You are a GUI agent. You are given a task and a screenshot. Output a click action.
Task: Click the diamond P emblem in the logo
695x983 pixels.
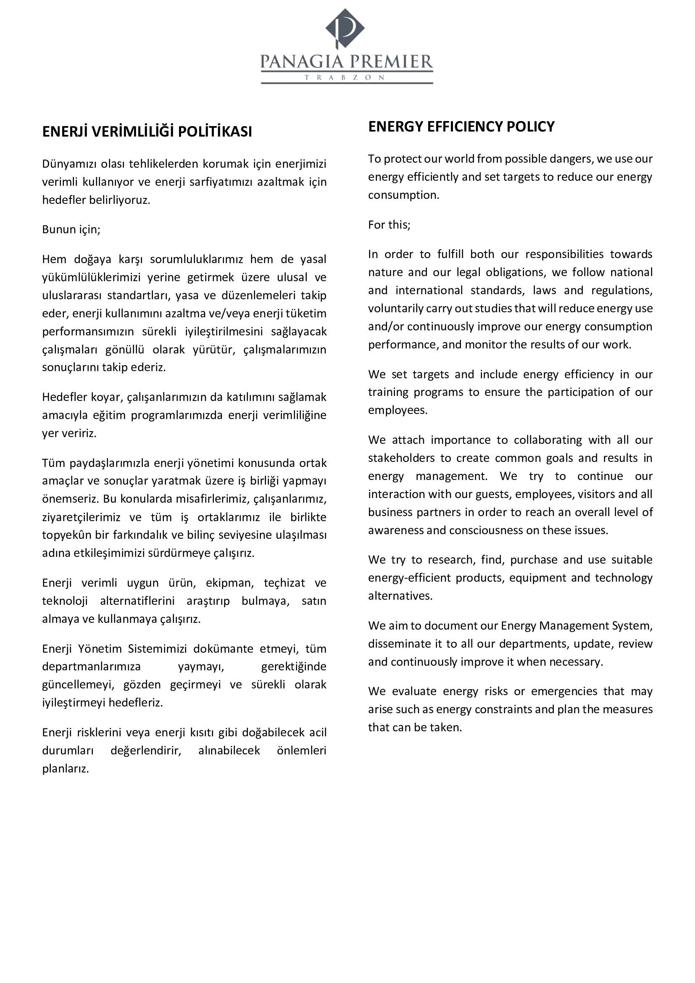[x=345, y=28]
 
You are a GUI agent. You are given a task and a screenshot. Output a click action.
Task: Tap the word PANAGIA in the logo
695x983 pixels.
[x=302, y=62]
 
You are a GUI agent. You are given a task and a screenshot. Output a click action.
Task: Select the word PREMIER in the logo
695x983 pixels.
[x=390, y=62]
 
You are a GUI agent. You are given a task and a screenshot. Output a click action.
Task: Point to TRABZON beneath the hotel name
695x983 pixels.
[x=345, y=78]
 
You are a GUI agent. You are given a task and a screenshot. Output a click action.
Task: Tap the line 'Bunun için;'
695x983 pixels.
[x=71, y=229]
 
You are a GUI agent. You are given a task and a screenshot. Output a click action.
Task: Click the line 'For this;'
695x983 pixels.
[x=389, y=225]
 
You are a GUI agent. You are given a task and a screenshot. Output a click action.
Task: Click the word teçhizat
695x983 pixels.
[x=284, y=583]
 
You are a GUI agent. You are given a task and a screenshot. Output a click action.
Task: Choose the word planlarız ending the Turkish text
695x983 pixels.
[x=66, y=769]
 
